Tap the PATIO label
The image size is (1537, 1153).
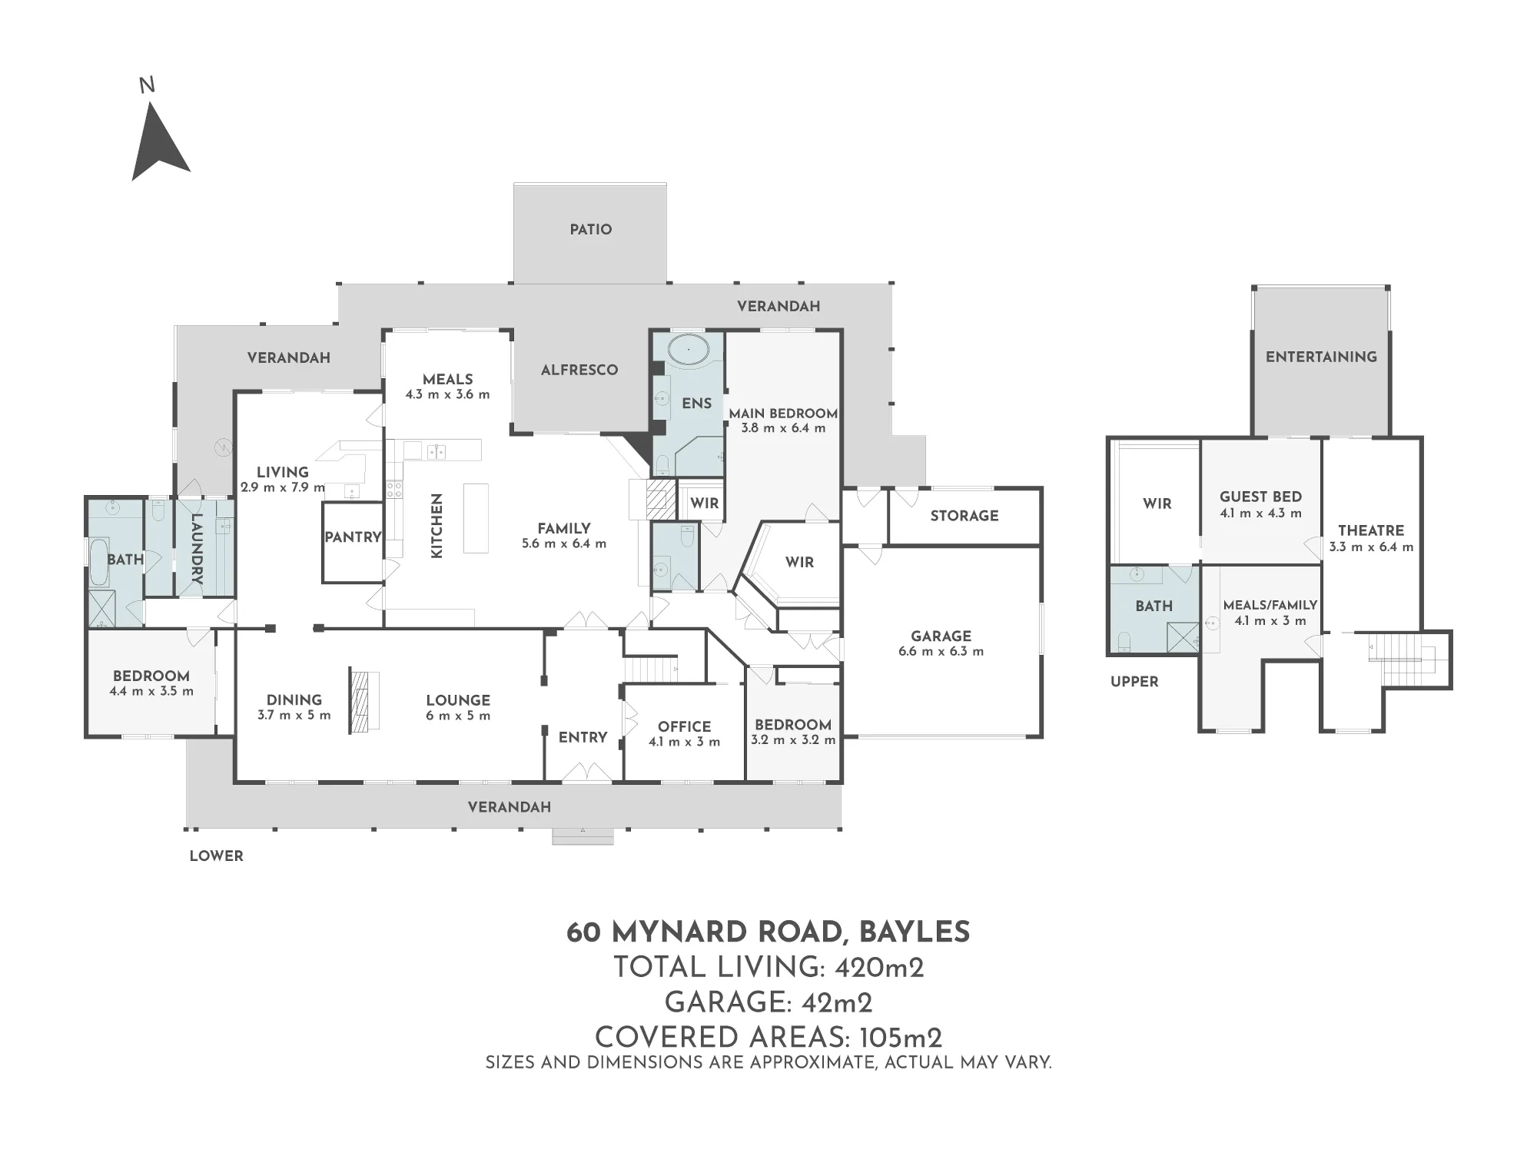point(590,229)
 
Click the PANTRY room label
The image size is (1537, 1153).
point(353,537)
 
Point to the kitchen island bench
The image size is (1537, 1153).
point(476,517)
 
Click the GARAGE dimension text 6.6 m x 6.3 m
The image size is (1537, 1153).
point(941,651)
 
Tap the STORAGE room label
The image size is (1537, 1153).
point(964,516)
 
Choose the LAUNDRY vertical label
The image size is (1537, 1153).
point(196,549)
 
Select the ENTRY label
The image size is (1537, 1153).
point(583,737)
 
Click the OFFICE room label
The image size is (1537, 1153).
point(684,726)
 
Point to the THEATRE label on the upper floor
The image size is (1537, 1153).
point(1371,530)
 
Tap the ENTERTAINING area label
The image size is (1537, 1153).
point(1321,357)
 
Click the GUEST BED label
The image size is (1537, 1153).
point(1260,497)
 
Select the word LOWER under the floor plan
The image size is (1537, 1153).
point(216,856)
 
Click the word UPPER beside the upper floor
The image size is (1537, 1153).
point(1134,681)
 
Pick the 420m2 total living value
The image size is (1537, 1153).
point(879,967)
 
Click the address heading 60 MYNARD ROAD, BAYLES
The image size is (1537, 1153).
point(768,932)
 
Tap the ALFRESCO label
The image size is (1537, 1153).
point(579,370)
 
